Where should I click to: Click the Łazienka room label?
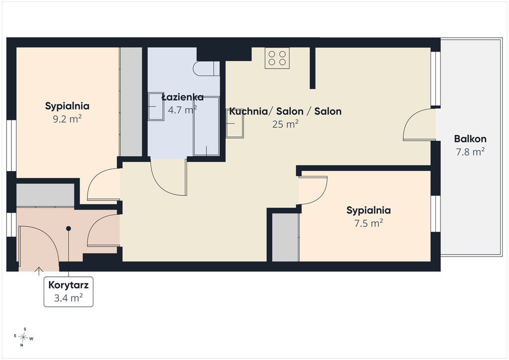pyautogui.click(x=183, y=97)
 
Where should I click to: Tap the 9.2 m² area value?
pyautogui.click(x=67, y=119)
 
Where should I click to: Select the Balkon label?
pyautogui.click(x=470, y=139)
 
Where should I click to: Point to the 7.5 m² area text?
pyautogui.click(x=368, y=223)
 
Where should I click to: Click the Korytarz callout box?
pyautogui.click(x=69, y=292)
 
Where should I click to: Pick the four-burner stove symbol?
pyautogui.click(x=277, y=58)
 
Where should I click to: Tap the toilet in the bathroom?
pyautogui.click(x=206, y=69)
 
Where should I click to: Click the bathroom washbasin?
pyautogui.click(x=156, y=106)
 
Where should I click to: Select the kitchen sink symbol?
pyautogui.click(x=235, y=123)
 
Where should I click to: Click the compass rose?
pyautogui.click(x=23, y=337)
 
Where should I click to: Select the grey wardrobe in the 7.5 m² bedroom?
pyautogui.click(x=285, y=237)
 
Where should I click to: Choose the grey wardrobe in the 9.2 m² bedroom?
pyautogui.click(x=131, y=102)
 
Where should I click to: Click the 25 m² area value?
pyautogui.click(x=285, y=124)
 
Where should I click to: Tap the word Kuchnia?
pyautogui.click(x=249, y=111)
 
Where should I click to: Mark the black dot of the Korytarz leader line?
pyautogui.click(x=69, y=229)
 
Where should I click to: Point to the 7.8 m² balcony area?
pyautogui.click(x=470, y=152)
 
